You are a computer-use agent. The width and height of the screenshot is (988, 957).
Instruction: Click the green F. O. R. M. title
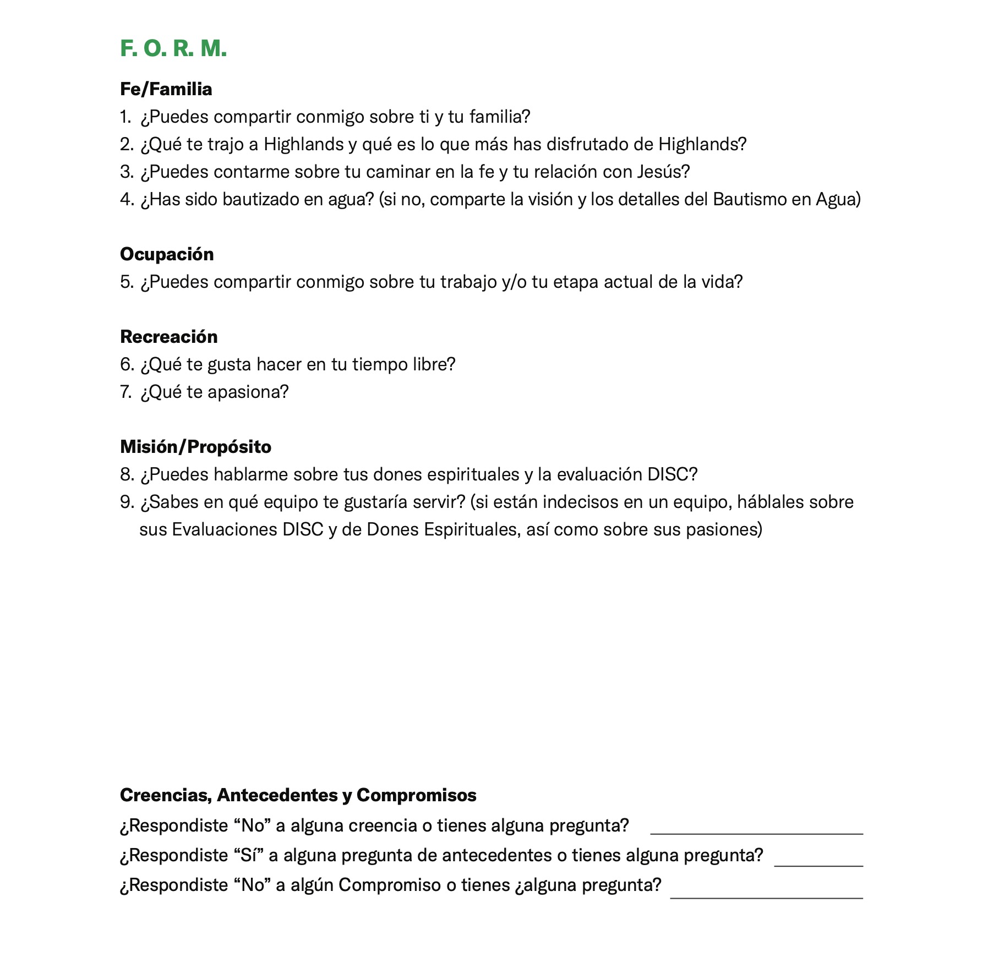pos(173,49)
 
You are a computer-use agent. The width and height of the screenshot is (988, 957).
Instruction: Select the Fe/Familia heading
pos(166,89)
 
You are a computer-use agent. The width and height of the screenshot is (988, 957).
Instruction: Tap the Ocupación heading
pos(167,254)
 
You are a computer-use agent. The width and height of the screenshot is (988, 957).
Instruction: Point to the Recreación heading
pos(168,337)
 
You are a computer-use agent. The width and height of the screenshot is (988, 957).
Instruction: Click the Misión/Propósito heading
pos(195,447)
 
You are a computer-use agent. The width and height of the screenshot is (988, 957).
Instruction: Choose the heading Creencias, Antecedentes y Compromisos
pos(298,795)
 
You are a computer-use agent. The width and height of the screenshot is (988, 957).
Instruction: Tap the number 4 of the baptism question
pos(126,199)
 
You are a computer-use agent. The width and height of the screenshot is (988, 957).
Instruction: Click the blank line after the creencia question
pos(756,832)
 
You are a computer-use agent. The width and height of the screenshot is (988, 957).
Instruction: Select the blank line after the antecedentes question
pos(818,863)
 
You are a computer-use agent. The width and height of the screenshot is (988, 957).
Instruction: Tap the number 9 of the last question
pos(126,502)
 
